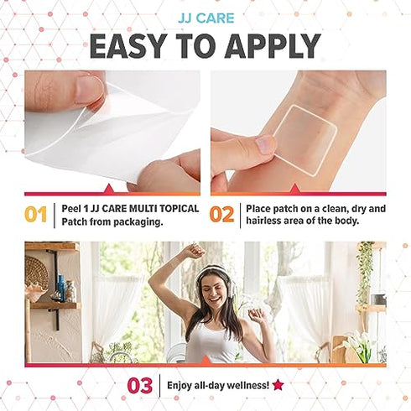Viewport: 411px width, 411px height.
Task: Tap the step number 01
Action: (x=36, y=215)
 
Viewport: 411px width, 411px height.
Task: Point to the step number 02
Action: (x=221, y=215)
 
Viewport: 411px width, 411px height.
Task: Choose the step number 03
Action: (x=140, y=385)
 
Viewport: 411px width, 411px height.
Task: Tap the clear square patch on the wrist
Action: (x=305, y=139)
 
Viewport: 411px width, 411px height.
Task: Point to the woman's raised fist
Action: (x=196, y=250)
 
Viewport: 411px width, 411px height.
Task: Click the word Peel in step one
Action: (x=70, y=209)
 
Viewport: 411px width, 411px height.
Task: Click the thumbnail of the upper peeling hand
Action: (x=87, y=89)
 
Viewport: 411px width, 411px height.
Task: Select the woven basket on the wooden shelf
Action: (x=37, y=273)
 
